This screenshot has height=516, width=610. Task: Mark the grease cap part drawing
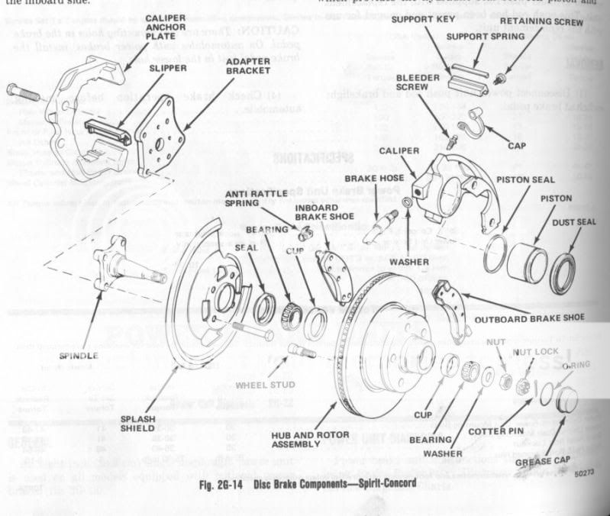(565, 400)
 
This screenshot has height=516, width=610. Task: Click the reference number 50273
(585, 473)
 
